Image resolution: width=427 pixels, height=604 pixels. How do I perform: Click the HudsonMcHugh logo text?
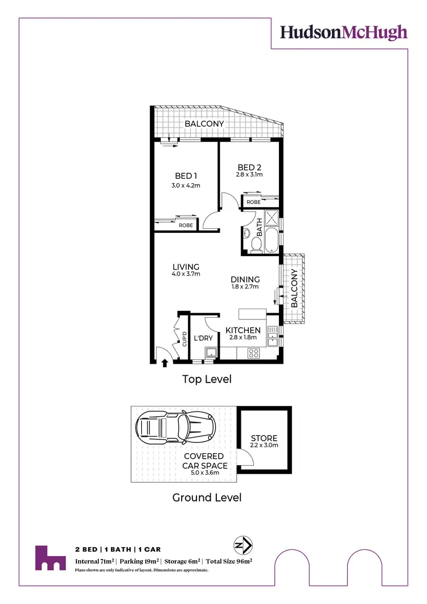(343, 32)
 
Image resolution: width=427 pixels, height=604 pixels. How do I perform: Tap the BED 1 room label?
(186, 176)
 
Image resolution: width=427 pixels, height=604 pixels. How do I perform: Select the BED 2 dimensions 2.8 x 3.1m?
(250, 175)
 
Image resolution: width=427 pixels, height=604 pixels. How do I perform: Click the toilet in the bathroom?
(256, 244)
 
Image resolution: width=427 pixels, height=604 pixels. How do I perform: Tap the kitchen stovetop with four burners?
(253, 353)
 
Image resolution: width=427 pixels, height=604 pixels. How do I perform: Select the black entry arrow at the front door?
(165, 362)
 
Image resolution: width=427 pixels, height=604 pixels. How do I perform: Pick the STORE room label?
(264, 438)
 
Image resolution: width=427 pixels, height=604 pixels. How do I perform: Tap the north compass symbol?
(244, 545)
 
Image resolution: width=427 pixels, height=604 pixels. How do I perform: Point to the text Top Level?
(207, 379)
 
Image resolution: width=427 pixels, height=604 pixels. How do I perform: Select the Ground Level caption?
(207, 498)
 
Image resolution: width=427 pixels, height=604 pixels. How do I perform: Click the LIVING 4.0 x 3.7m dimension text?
(186, 274)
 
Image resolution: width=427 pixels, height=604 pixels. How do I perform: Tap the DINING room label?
(245, 280)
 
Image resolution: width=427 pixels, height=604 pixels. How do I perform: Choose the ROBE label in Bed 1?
(186, 225)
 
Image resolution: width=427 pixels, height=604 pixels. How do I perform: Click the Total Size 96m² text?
(229, 561)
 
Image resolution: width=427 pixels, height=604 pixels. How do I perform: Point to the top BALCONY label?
(204, 124)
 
